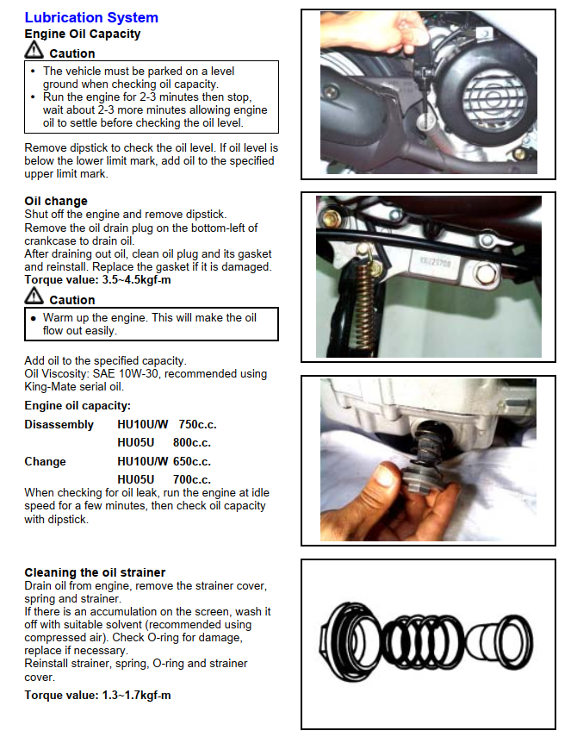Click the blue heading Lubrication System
pos(91,17)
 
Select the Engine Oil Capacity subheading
pos(83,34)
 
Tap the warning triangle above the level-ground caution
pos(34,52)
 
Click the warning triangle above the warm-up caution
pos(34,297)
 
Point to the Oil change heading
pos(56,202)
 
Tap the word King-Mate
pos(53,386)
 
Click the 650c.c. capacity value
pos(193,462)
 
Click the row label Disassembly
pos(59,425)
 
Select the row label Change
pos(45,462)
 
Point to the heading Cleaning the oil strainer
pos(95,572)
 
